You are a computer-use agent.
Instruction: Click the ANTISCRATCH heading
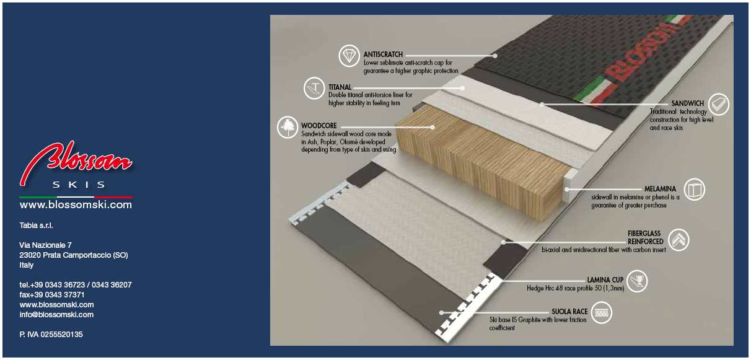click(383, 55)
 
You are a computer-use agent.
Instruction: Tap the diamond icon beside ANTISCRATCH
click(349, 56)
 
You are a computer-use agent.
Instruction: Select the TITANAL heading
click(340, 87)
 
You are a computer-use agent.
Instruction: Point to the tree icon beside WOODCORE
click(288, 128)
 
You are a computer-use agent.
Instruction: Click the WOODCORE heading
click(319, 126)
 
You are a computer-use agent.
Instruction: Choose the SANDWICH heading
click(687, 103)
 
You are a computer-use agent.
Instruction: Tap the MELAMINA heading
click(660, 189)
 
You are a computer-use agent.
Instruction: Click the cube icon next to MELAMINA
click(695, 190)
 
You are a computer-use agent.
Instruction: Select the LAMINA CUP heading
click(605, 280)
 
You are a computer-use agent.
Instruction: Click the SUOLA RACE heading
click(569, 312)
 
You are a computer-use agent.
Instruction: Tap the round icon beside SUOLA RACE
click(602, 313)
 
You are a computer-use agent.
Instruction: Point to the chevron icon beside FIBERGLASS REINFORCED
click(679, 239)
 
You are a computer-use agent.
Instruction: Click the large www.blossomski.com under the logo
click(76, 204)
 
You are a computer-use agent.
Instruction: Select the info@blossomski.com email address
click(56, 315)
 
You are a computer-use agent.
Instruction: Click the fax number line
click(52, 295)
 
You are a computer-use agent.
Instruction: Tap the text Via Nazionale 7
click(45, 245)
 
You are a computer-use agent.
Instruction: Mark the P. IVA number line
click(51, 334)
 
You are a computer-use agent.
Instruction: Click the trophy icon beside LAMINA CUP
click(636, 281)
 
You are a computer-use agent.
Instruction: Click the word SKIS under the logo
click(79, 185)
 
